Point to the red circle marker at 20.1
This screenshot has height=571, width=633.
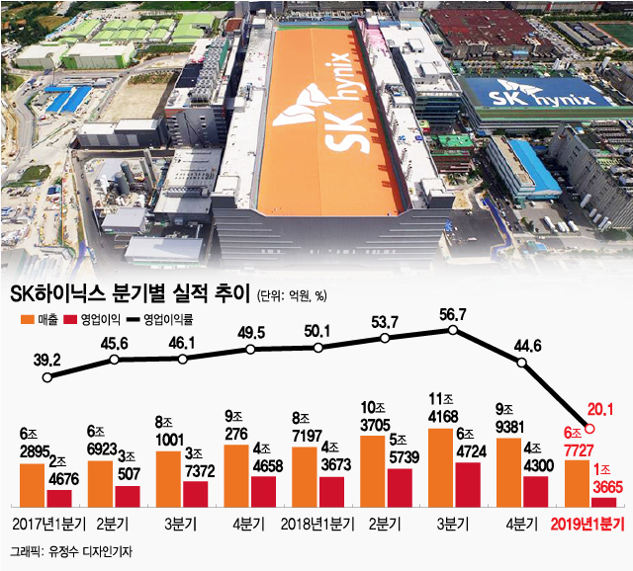(x=590, y=428)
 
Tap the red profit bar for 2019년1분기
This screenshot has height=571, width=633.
(x=603, y=502)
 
